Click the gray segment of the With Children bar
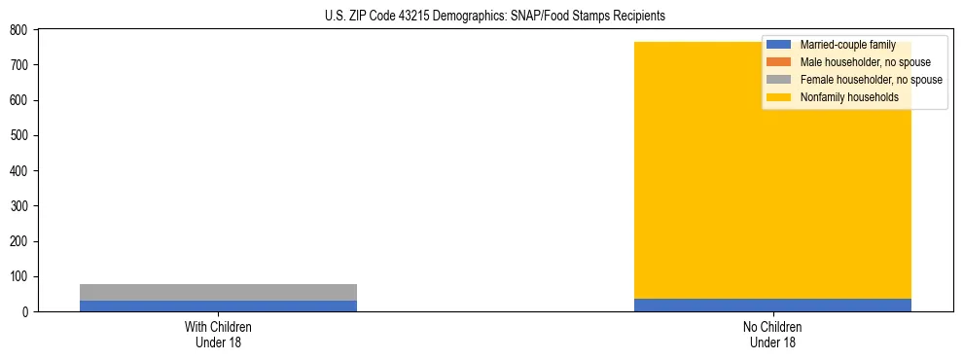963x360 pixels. (x=218, y=292)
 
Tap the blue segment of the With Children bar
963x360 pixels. (x=218, y=306)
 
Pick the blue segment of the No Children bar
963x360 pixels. (x=772, y=305)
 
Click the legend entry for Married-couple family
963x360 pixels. (x=847, y=45)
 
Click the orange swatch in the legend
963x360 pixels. (x=778, y=62)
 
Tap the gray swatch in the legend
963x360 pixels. (x=778, y=80)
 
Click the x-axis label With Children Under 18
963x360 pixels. (x=218, y=335)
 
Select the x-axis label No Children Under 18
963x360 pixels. (x=772, y=335)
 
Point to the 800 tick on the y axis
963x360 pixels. (x=19, y=30)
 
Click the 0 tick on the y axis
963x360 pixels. (x=25, y=311)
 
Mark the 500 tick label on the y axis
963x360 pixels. (x=19, y=135)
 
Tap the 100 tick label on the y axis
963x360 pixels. (x=19, y=276)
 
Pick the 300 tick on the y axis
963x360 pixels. (x=19, y=206)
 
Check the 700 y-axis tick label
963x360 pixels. (x=19, y=65)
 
